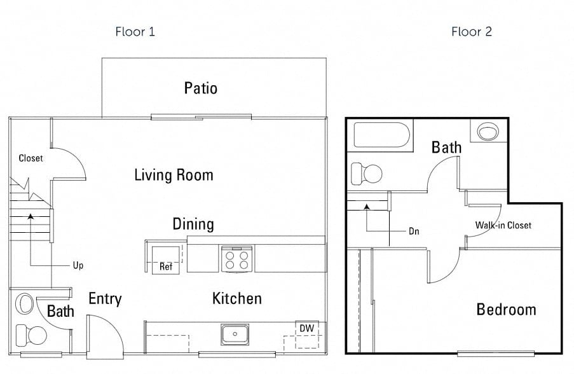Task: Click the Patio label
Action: pyautogui.click(x=201, y=88)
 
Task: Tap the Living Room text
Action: pyautogui.click(x=174, y=175)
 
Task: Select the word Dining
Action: pyautogui.click(x=193, y=224)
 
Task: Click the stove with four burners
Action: pyautogui.click(x=236, y=259)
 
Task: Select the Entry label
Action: pyautogui.click(x=105, y=299)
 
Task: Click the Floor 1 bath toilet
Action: pyautogui.click(x=30, y=333)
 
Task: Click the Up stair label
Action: pyautogui.click(x=78, y=265)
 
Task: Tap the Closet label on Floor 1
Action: pyautogui.click(x=31, y=158)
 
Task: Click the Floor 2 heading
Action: pyautogui.click(x=472, y=32)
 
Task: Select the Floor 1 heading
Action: pyautogui.click(x=135, y=32)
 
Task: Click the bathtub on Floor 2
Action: pyautogui.click(x=381, y=135)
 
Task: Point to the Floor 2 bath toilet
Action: pyautogui.click(x=367, y=172)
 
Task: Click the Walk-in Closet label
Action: pyautogui.click(x=503, y=225)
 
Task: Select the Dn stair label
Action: pyautogui.click(x=414, y=232)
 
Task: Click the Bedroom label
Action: pyautogui.click(x=506, y=310)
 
